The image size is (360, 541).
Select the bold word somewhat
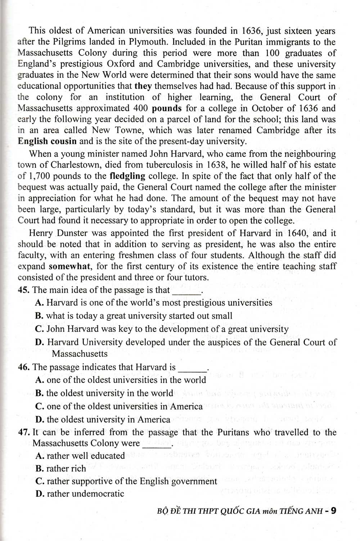coord(67,267)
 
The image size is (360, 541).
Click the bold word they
coord(143,86)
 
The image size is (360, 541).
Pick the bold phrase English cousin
coord(47,141)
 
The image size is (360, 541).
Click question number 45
coord(24,290)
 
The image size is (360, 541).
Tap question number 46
coord(24,367)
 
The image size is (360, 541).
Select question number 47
coord(24,432)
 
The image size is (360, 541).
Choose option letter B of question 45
coord(39,316)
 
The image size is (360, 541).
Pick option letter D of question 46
coord(40,420)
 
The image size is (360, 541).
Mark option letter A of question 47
coord(40,456)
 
